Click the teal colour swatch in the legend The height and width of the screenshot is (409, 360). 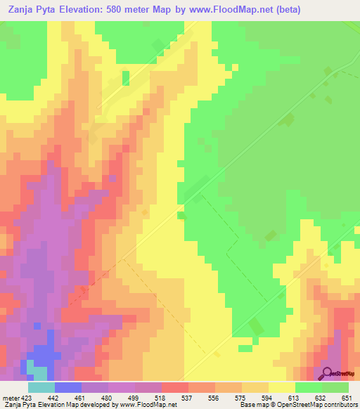point(41,387)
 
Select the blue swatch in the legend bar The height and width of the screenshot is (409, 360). point(68,387)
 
